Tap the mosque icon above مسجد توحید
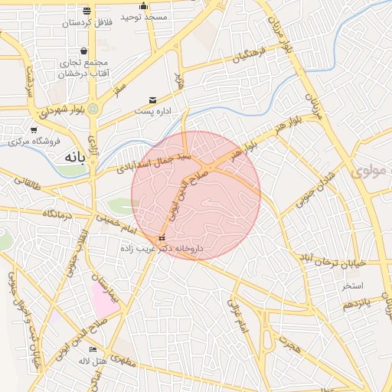[x=143, y=6]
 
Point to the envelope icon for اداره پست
[x=153, y=100]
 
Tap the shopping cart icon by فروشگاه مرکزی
[x=34, y=130]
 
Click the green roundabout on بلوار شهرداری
[x=93, y=109]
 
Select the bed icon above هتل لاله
[x=93, y=349]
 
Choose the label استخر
[x=352, y=286]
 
